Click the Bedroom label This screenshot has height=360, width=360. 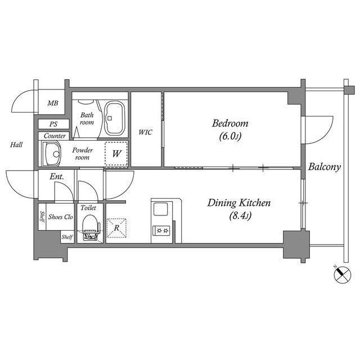[230, 124]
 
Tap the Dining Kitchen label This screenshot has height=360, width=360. [240, 203]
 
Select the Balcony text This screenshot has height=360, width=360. [325, 167]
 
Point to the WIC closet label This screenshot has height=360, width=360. [146, 132]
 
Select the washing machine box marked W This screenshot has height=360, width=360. [116, 153]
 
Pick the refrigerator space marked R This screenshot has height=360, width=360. [116, 228]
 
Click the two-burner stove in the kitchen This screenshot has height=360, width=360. [162, 230]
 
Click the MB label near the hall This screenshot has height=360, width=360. [52, 103]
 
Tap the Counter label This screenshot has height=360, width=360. [55, 136]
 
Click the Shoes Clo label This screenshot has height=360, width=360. [60, 217]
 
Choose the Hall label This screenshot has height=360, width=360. [16, 145]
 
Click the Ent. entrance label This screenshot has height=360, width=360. [56, 177]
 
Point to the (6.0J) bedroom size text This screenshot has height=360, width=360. [230, 137]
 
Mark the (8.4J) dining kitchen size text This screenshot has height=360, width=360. [240, 216]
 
